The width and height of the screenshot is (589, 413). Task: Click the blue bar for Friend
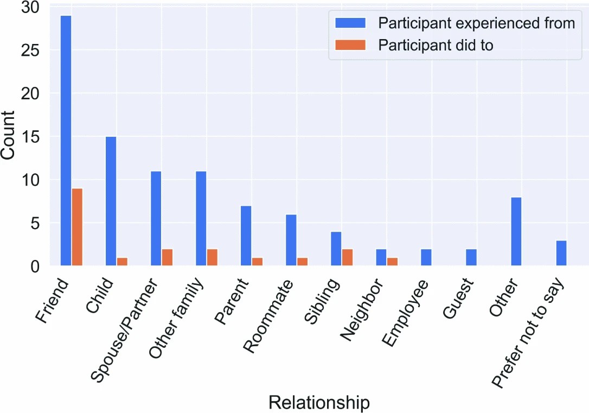(x=66, y=141)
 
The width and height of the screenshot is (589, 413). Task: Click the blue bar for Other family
(x=201, y=218)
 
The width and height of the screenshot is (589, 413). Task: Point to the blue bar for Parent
(x=246, y=236)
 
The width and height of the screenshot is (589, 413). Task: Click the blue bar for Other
(x=516, y=231)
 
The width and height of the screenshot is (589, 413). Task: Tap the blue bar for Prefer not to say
(x=561, y=253)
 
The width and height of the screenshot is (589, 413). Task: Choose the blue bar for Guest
(x=471, y=257)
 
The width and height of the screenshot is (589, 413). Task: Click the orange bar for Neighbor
(x=392, y=262)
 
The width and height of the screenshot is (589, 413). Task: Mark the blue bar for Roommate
(x=291, y=240)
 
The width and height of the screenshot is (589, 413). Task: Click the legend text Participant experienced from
(x=476, y=23)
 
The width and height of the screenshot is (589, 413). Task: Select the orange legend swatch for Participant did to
(x=351, y=45)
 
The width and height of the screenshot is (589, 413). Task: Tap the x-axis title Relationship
(x=319, y=403)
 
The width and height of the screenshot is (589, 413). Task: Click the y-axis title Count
(x=9, y=135)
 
